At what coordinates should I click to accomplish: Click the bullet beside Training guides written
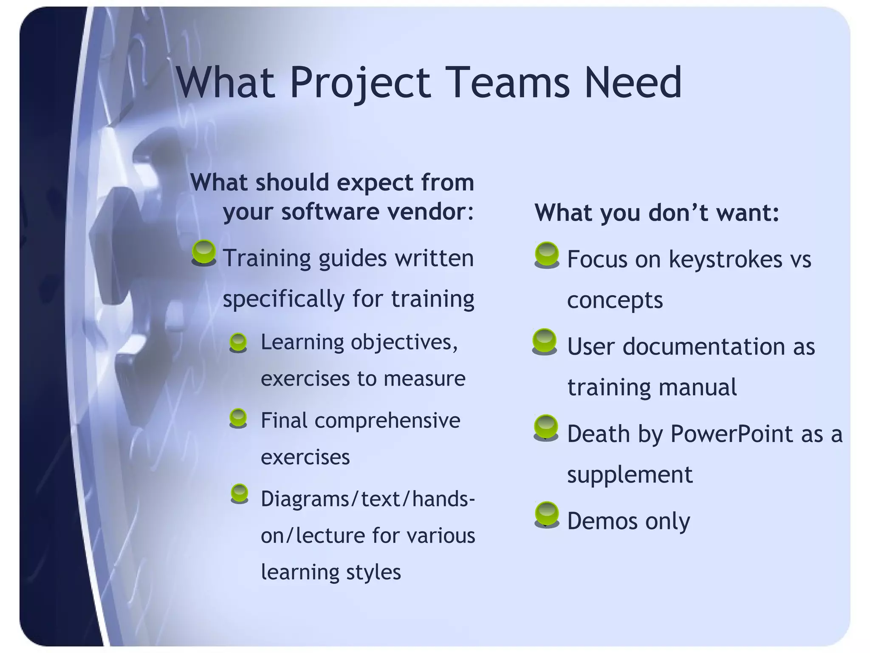coord(204,252)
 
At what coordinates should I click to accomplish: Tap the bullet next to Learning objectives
coord(238,342)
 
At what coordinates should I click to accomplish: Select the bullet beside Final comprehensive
coord(238,418)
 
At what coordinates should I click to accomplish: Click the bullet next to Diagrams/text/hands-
coord(240,493)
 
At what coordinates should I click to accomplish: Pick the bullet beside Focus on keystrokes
coord(547,254)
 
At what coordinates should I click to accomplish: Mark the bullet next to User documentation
coord(544,341)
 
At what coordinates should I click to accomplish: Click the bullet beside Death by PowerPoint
coord(546,427)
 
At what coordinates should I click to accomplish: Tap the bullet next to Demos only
coord(547,514)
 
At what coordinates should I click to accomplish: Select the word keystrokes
coord(726,259)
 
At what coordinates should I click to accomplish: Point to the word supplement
coord(630,475)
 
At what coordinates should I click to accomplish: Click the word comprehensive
coord(387,421)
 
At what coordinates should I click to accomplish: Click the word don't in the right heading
coord(679,212)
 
